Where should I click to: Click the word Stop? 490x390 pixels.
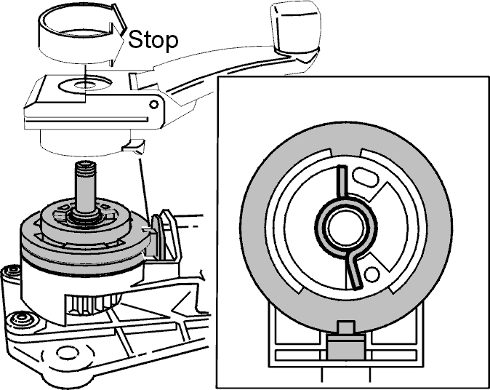(153, 40)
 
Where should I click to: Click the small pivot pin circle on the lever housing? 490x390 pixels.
(153, 104)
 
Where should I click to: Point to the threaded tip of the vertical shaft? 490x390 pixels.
(85, 170)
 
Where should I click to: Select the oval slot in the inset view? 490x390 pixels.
(365, 178)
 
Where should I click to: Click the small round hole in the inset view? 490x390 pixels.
(371, 274)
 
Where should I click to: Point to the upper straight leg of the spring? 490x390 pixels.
(342, 182)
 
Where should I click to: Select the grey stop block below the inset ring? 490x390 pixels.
(346, 346)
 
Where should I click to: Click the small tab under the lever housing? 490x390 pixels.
(134, 146)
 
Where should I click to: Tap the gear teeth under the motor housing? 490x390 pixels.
(92, 305)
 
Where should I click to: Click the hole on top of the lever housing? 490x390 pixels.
(85, 84)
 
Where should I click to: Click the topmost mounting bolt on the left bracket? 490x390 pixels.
(12, 270)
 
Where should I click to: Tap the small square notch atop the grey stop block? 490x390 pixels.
(346, 327)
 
